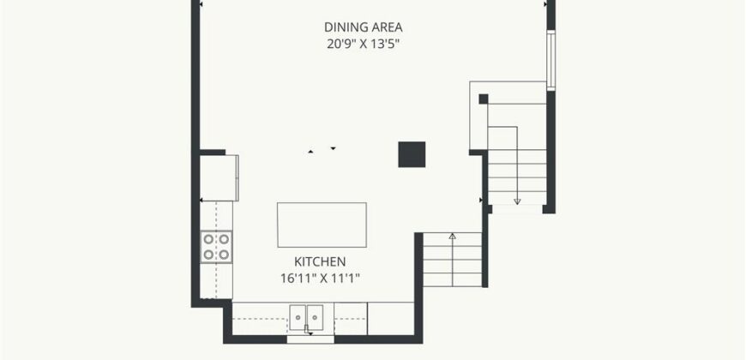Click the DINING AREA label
click(x=363, y=27)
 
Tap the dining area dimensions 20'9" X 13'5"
click(x=363, y=45)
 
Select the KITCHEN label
click(x=320, y=261)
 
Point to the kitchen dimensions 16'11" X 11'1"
click(x=320, y=279)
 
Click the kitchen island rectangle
click(x=322, y=225)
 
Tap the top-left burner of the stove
click(x=208, y=239)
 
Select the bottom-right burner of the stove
click(x=224, y=255)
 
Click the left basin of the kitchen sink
click(x=298, y=317)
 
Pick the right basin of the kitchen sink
click(x=315, y=317)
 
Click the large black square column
click(x=412, y=154)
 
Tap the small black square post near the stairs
click(x=484, y=99)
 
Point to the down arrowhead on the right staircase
click(x=517, y=201)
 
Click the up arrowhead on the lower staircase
click(x=452, y=236)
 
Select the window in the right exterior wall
click(x=551, y=60)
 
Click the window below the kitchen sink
click(x=310, y=339)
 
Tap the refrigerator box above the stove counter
click(x=219, y=178)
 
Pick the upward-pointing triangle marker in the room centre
click(x=310, y=152)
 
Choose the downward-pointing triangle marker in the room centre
click(x=333, y=149)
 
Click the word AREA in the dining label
click(x=385, y=27)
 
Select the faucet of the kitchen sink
click(x=308, y=328)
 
